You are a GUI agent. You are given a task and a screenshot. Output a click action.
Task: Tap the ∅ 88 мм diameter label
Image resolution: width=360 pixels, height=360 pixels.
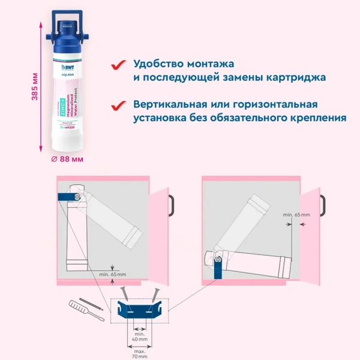click(x=67, y=158)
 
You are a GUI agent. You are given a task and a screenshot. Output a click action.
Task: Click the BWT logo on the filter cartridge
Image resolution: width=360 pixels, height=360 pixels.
click(x=70, y=61)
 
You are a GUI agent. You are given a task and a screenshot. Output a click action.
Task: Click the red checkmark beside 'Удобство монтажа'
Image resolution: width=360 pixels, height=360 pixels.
click(x=120, y=64)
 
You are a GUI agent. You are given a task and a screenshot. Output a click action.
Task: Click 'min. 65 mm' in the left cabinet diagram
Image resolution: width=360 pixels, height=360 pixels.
click(x=113, y=274)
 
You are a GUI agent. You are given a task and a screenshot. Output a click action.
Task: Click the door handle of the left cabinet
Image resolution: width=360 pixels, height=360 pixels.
click(x=170, y=204)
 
